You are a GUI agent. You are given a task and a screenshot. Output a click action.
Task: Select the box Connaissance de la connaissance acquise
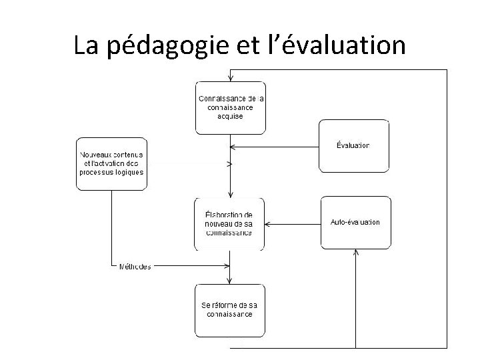(230, 107)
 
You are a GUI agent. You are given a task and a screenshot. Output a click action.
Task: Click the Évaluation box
(353, 145)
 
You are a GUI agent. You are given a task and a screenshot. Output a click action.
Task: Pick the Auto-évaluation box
(355, 222)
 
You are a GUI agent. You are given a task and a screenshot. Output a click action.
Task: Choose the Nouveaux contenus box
(111, 163)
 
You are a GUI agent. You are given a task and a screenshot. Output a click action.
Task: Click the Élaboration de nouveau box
(229, 224)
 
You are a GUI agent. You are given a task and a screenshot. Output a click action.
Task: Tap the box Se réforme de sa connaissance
(229, 310)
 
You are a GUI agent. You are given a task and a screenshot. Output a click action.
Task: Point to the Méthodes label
(135, 267)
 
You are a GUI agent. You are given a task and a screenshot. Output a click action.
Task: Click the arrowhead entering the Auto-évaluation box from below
(356, 252)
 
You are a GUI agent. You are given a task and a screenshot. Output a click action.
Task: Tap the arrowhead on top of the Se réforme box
(230, 281)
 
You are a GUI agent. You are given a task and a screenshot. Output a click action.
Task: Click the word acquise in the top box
(230, 116)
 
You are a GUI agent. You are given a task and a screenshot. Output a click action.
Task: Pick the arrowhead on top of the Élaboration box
(230, 195)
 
